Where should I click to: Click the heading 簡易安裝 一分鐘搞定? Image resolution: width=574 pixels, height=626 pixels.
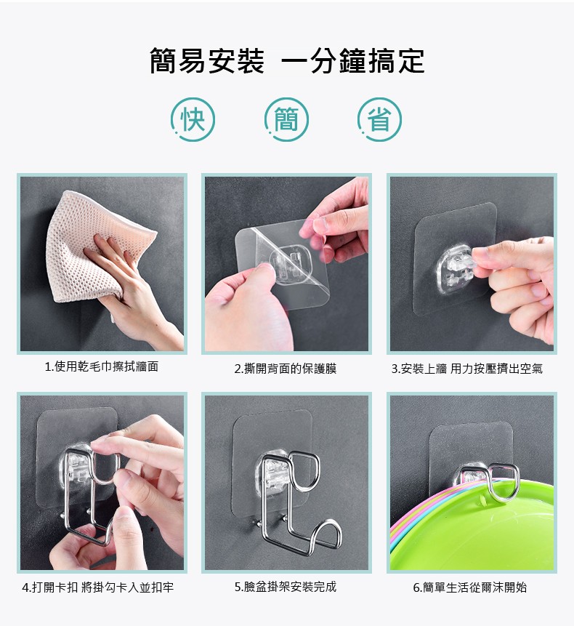pos(287,62)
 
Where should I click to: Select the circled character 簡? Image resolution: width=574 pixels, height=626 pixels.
pos(286,119)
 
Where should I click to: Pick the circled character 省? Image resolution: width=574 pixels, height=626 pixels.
pos(380,119)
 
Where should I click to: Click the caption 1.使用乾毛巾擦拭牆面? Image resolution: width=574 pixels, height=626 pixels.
pos(102,366)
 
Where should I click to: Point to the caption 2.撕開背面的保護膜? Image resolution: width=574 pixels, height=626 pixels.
pos(286,369)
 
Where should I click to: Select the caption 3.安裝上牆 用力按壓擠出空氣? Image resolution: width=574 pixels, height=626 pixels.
pos(466,369)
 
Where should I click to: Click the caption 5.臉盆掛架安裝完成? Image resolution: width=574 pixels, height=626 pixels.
pos(286,587)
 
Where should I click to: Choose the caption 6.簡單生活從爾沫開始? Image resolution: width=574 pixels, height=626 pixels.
pos(470,587)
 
